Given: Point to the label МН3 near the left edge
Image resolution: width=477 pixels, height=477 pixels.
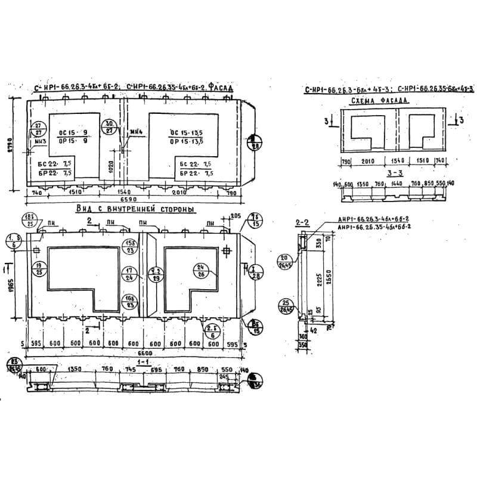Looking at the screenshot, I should [x=39, y=141].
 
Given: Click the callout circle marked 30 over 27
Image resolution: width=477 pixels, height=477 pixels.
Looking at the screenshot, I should [x=110, y=126].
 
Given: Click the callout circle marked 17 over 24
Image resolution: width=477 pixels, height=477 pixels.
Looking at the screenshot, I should [x=129, y=274].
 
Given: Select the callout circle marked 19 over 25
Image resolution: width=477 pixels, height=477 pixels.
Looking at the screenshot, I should [x=39, y=268].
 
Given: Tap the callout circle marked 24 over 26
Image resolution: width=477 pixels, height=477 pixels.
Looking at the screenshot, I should [x=200, y=270].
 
